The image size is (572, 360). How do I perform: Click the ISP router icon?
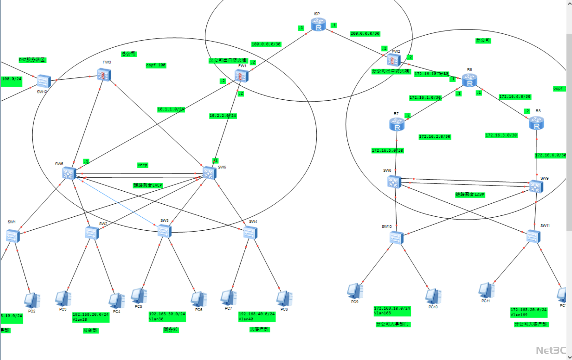click(x=318, y=24)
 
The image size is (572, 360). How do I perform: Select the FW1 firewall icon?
click(x=241, y=76)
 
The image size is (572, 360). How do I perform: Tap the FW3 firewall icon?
click(x=104, y=75)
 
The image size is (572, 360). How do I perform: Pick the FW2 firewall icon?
click(x=394, y=60)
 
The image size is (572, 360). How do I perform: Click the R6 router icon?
click(x=469, y=80)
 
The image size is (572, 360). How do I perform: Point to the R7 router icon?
click(x=397, y=124)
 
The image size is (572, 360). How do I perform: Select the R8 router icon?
click(x=536, y=123)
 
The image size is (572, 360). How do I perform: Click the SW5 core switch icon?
click(x=69, y=173)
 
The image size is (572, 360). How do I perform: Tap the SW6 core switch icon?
click(x=209, y=173)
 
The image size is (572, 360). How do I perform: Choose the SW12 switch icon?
click(x=44, y=81)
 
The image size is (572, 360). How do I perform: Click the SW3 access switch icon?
click(x=164, y=231)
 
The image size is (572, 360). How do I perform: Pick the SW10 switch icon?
click(x=396, y=238)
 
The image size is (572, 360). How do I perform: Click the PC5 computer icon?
click(x=139, y=296)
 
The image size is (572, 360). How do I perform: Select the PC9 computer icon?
click(x=355, y=291)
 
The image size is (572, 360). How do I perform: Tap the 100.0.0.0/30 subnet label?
click(x=266, y=44)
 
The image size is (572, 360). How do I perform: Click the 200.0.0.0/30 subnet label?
click(x=365, y=33)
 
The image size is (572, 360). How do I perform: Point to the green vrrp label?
click(x=143, y=165)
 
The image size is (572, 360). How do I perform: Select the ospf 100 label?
click(x=156, y=65)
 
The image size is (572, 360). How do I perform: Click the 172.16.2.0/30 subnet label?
click(x=435, y=137)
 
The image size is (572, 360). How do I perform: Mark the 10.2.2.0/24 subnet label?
click(x=223, y=116)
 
